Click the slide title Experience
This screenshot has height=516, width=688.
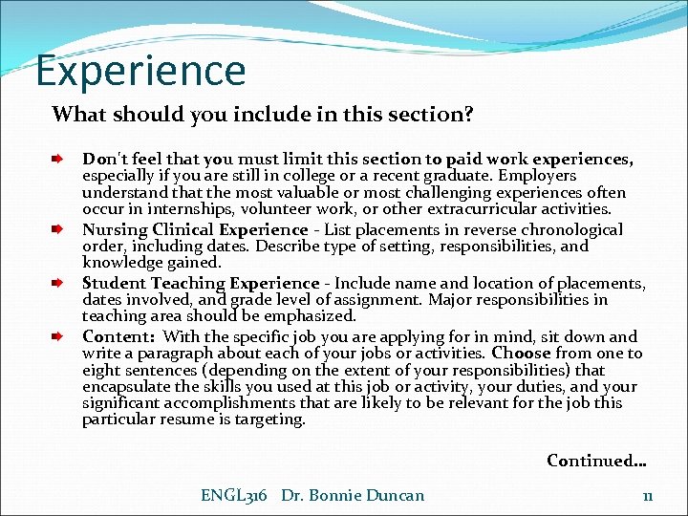140,71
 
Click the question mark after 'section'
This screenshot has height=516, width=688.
468,115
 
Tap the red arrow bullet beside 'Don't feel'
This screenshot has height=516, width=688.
58,160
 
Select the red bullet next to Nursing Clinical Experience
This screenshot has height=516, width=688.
58,229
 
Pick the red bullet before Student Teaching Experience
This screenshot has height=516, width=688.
58,283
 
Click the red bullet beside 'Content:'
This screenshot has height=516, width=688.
58,336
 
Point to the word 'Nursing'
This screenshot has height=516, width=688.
115,229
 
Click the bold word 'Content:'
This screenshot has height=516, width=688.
118,336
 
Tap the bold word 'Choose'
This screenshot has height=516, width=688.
523,354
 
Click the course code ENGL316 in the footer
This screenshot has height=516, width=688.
233,495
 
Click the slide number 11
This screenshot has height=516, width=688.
647,495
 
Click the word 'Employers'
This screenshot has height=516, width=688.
530,176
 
